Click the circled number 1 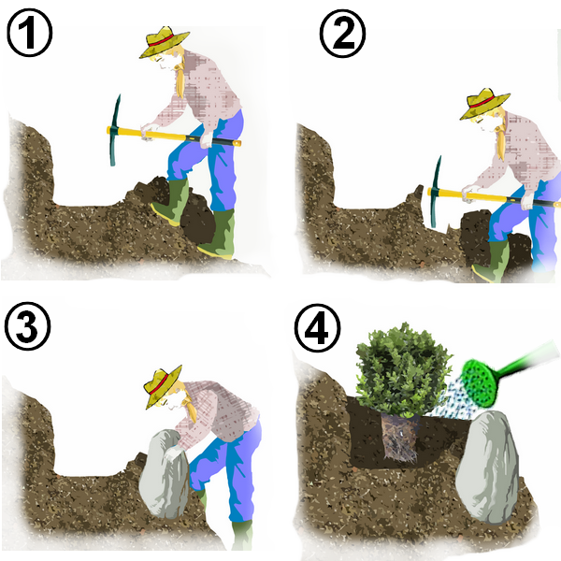[x=29, y=33]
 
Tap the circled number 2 [x=342, y=34]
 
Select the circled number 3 [x=27, y=326]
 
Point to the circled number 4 [x=317, y=327]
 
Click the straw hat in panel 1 [x=164, y=41]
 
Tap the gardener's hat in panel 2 [x=484, y=104]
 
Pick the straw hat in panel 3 [x=163, y=385]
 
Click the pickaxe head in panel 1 [x=115, y=130]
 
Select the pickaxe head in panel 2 [x=435, y=192]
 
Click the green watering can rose [x=481, y=383]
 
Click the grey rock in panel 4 [x=488, y=467]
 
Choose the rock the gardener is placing [x=164, y=474]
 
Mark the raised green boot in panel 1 [x=172, y=201]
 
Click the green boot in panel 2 [x=491, y=261]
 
